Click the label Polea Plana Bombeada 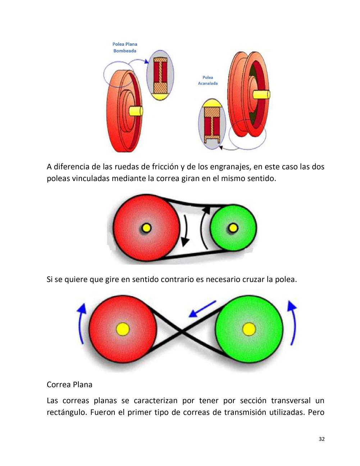click(x=125, y=47)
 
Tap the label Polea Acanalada click(x=208, y=80)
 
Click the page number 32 click(x=322, y=439)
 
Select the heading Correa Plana click(x=69, y=384)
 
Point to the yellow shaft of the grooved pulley click(x=261, y=94)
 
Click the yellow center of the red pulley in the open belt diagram click(x=146, y=228)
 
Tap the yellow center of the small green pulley click(x=233, y=228)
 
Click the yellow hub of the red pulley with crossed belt click(x=123, y=329)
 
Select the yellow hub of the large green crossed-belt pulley click(x=249, y=329)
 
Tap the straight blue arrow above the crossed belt click(x=202, y=309)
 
